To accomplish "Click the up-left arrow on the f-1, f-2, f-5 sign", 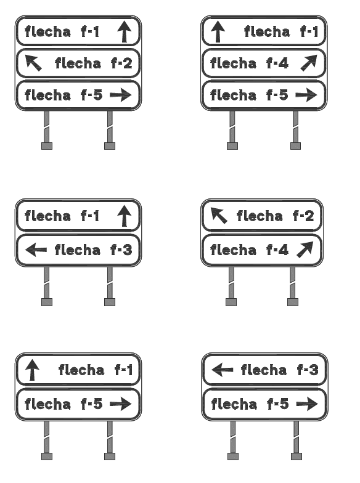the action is point(33,63).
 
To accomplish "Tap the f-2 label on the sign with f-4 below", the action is point(303,216).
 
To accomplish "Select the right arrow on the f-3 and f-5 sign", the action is point(307,404).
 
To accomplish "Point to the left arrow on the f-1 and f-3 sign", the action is point(36,249).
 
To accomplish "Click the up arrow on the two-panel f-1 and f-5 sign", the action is point(32,370).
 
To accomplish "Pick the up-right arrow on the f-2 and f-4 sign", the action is point(305,250).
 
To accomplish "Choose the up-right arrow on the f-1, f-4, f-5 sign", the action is point(309,63).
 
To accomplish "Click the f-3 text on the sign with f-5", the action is point(308,370).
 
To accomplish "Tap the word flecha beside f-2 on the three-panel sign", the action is point(78,63).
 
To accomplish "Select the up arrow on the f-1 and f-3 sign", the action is point(125,216).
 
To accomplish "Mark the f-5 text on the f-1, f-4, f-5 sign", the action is point(277,95).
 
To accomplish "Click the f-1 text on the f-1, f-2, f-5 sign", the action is point(90,31).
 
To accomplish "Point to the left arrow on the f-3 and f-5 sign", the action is point(223,370).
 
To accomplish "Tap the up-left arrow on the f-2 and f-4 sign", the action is point(219,216).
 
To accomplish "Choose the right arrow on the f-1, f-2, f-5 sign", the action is point(121,95).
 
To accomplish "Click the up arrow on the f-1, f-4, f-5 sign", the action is point(218,31).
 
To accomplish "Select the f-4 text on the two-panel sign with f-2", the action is point(277,250).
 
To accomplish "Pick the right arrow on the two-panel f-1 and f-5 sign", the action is point(121,404).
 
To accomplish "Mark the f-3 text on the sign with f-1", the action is point(121,250).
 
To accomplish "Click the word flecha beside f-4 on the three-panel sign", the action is point(233,63).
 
